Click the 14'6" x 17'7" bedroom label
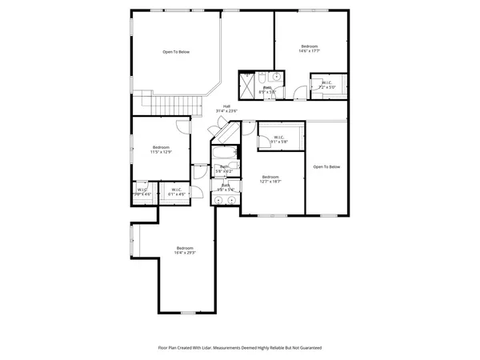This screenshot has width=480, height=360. pyautogui.click(x=309, y=50)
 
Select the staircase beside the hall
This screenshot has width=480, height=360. pyautogui.click(x=170, y=104)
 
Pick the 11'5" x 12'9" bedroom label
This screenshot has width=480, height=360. pyautogui.click(x=162, y=150)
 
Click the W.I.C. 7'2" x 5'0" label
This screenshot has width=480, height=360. pyautogui.click(x=328, y=84)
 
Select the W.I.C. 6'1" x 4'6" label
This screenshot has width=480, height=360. pyautogui.click(x=176, y=192)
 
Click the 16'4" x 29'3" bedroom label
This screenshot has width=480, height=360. pyautogui.click(x=186, y=250)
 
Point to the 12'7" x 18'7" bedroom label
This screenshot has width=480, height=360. pyautogui.click(x=271, y=179)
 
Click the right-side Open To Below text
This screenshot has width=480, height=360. pyautogui.click(x=326, y=166)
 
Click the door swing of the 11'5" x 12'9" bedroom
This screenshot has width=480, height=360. pyautogui.click(x=182, y=126)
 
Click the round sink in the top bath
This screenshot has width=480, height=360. pyautogui.click(x=272, y=78)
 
